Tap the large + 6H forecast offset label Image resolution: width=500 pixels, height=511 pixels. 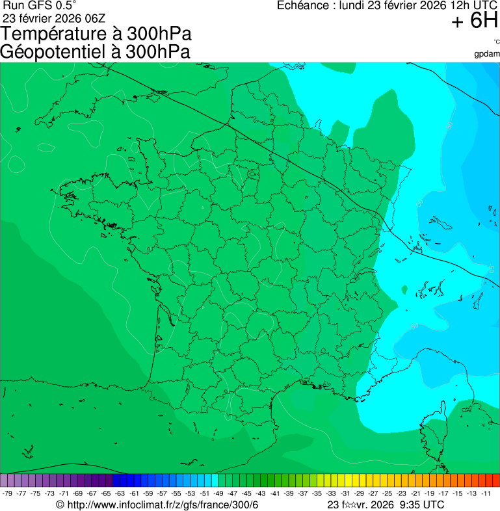tap(474, 21)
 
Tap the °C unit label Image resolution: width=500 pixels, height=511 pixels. tap(496, 41)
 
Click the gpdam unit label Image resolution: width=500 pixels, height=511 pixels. tap(487, 53)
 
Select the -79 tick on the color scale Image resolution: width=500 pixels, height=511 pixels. tap(8, 493)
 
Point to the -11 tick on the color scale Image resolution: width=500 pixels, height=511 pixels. tap(486, 493)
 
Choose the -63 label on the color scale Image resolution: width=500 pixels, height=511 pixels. tap(120, 493)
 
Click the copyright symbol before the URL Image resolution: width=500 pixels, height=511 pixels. tap(60, 504)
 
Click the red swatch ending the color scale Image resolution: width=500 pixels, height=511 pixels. tap(495, 480)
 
